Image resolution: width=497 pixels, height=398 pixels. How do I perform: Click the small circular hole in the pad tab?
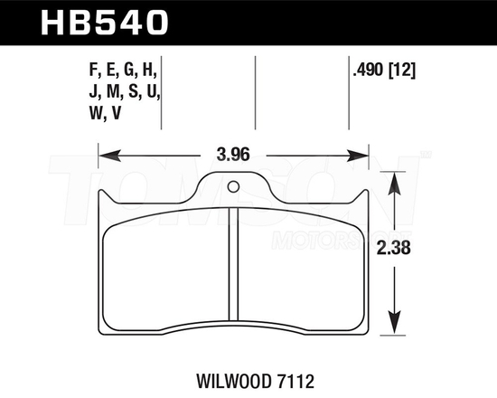click(x=234, y=188)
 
